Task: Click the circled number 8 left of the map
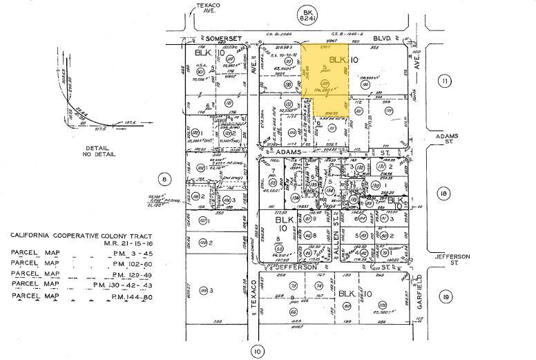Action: [x=164, y=180]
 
